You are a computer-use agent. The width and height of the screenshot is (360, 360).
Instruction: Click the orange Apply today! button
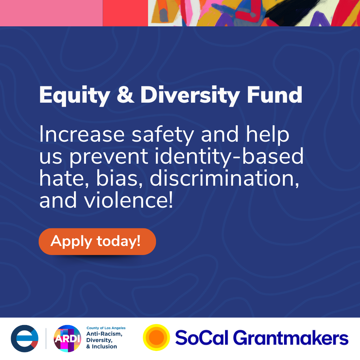click(x=97, y=241)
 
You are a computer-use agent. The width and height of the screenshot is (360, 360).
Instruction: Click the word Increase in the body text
click(x=83, y=135)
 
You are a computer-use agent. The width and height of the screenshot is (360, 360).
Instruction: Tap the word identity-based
click(x=236, y=157)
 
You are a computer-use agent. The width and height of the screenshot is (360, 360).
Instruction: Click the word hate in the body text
click(x=64, y=179)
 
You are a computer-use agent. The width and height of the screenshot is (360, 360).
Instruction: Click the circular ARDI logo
click(x=67, y=338)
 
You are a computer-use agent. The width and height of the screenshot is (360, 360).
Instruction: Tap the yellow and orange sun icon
click(x=156, y=338)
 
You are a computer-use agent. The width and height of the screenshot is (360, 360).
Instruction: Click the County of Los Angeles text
click(x=106, y=328)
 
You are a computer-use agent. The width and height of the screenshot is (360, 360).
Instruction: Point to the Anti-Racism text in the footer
click(x=104, y=334)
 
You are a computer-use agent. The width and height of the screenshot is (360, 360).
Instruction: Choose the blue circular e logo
click(x=24, y=338)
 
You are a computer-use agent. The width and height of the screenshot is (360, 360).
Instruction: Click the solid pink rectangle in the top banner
click(x=51, y=13)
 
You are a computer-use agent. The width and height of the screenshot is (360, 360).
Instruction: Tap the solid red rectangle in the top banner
click(x=125, y=13)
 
